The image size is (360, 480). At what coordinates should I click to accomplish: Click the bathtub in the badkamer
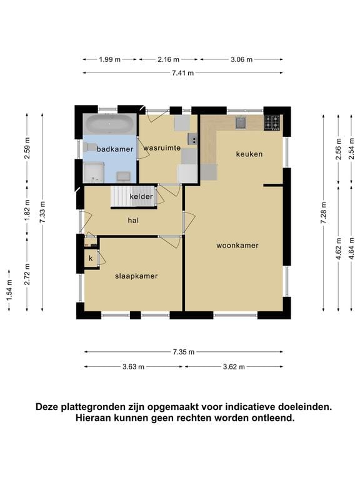click(109, 124)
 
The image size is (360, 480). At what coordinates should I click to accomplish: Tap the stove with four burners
click(272, 122)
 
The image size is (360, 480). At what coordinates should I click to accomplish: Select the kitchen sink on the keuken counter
click(241, 122)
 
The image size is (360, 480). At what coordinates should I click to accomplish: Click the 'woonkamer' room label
click(237, 246)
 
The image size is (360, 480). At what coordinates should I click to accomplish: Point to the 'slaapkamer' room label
click(136, 276)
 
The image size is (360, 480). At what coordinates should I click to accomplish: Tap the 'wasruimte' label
click(162, 148)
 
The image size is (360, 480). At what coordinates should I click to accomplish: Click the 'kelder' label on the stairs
click(141, 197)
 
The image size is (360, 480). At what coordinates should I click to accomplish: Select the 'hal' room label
click(133, 220)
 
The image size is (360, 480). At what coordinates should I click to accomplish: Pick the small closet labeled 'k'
click(91, 258)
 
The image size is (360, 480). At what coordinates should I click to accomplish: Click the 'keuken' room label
click(249, 154)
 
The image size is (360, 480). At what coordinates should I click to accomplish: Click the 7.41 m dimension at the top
click(182, 73)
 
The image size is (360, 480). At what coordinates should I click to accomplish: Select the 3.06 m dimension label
click(241, 59)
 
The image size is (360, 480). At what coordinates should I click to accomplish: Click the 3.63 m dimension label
click(133, 367)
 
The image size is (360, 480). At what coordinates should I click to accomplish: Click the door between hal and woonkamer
click(185, 221)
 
